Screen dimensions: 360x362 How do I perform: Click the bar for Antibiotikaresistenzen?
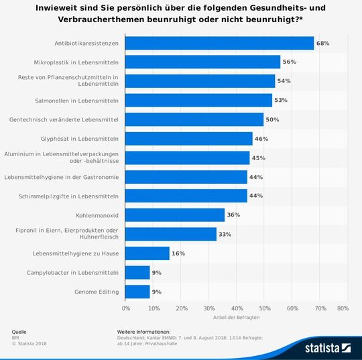[220, 44]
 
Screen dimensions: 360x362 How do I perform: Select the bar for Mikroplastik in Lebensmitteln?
[203, 62]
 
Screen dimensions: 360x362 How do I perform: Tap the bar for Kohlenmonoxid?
[176, 215]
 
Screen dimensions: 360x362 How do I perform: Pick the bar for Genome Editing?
[138, 292]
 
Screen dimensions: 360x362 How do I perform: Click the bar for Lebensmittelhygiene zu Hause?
[147, 253]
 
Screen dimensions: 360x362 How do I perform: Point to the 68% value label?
[322, 44]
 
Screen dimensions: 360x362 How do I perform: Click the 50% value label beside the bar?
[272, 120]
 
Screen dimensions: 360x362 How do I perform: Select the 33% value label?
[225, 235]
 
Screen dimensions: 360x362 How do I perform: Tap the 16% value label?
[178, 253]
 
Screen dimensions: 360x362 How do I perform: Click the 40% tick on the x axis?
[237, 308]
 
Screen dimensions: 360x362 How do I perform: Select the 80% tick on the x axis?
[342, 308]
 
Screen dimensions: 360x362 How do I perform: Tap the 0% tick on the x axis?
[126, 308]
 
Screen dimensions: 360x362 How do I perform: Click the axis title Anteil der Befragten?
[234, 317]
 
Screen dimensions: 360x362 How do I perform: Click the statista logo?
[328, 347]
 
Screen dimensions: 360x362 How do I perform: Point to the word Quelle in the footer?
[19, 332]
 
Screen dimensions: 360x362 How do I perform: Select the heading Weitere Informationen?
[143, 332]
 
